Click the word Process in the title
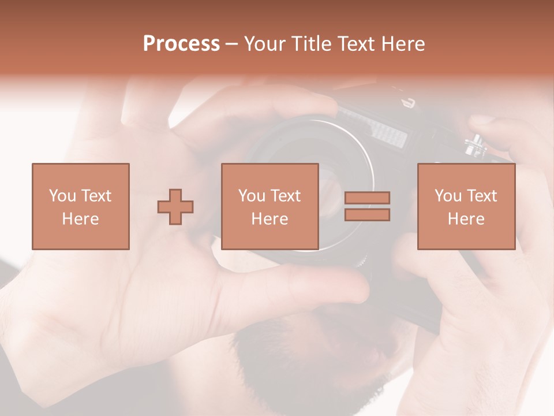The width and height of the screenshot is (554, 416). point(181,44)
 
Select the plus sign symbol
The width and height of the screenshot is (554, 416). point(175,207)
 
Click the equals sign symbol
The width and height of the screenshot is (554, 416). point(367,206)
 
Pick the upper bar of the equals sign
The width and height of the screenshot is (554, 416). point(367,198)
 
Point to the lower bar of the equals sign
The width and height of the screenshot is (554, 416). point(367,214)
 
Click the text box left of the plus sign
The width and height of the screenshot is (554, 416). point(80,206)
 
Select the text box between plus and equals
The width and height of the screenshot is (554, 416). point(269,206)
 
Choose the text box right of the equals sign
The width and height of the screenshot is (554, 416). point(466,206)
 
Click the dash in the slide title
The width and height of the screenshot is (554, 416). point(232,44)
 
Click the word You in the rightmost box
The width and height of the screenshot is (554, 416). point(448,196)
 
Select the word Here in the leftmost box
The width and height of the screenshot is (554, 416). point(80,219)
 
